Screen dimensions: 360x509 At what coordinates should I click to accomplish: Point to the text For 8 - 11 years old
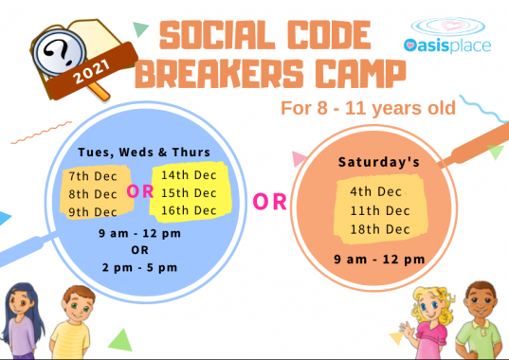367,107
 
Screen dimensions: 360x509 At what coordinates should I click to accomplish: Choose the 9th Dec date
92,211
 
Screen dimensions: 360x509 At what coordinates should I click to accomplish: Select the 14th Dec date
189,175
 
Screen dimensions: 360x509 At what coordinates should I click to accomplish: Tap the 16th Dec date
189,207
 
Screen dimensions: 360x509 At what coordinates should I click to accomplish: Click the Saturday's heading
379,162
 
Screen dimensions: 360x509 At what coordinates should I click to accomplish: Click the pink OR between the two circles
269,201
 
